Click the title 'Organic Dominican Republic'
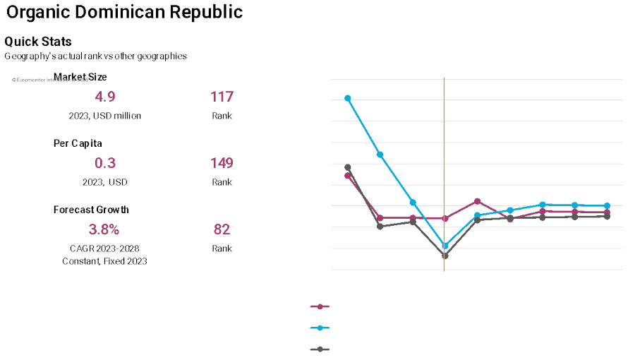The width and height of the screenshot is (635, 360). click(x=123, y=12)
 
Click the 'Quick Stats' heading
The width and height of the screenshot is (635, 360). click(x=38, y=42)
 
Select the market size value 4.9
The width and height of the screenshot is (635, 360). click(x=105, y=97)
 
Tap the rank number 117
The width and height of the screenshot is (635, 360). click(x=222, y=97)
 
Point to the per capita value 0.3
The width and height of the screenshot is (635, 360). click(x=105, y=163)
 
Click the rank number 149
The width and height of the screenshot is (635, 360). click(x=222, y=163)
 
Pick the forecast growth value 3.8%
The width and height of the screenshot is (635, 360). click(x=104, y=229)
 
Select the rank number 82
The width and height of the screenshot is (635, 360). click(x=222, y=229)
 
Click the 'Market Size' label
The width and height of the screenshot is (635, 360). click(x=80, y=77)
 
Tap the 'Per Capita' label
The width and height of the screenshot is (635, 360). click(x=78, y=143)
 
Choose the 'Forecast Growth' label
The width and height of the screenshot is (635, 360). click(x=91, y=210)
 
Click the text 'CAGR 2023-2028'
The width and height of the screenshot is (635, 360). click(x=104, y=248)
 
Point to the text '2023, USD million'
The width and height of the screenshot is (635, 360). click(x=105, y=116)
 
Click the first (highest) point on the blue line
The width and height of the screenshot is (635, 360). click(x=348, y=98)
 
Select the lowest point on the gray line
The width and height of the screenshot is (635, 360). click(x=445, y=256)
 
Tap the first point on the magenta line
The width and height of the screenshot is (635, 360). click(x=348, y=175)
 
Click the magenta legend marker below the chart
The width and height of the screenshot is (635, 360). click(x=320, y=306)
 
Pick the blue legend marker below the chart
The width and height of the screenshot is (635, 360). click(x=320, y=328)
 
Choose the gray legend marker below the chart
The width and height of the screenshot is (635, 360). click(x=320, y=349)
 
